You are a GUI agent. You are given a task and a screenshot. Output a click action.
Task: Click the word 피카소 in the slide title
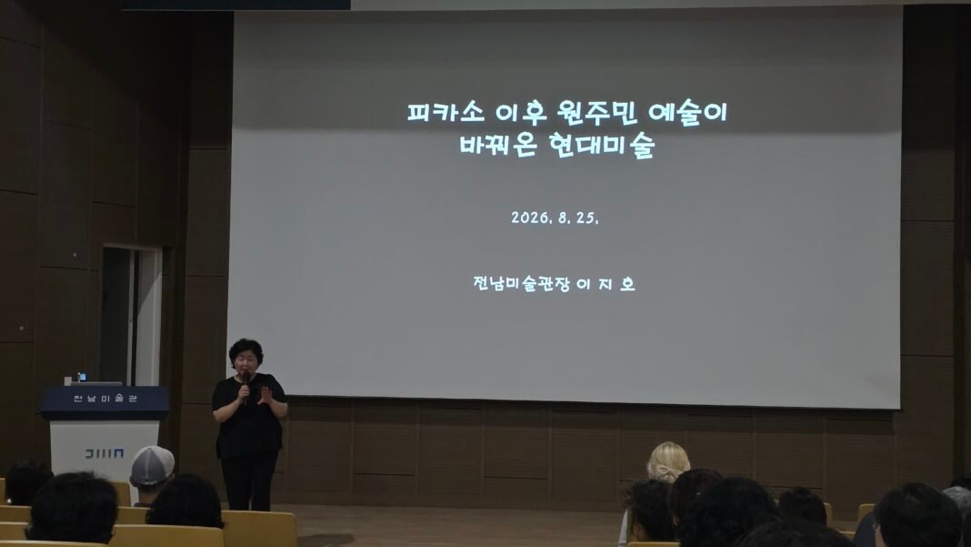pyautogui.click(x=445, y=112)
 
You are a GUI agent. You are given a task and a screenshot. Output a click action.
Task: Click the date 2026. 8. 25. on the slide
pyautogui.click(x=555, y=218)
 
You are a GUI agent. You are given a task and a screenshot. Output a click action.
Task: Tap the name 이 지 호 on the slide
pyautogui.click(x=606, y=284)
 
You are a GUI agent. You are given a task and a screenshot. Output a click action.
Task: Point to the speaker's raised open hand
pyautogui.click(x=265, y=395)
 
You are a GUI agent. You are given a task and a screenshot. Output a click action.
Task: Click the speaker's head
pyautogui.click(x=245, y=356)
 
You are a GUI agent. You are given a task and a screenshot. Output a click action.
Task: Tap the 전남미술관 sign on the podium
pyautogui.click(x=105, y=398)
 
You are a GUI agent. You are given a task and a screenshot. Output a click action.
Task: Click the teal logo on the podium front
pyautogui.click(x=104, y=453)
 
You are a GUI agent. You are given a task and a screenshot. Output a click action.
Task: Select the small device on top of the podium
pyautogui.click(x=82, y=377)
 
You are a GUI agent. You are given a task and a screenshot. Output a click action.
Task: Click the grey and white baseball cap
pyautogui.click(x=152, y=466)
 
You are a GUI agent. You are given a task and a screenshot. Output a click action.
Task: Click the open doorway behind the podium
pyautogui.click(x=131, y=317)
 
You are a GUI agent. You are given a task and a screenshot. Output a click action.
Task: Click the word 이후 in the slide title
pyautogui.click(x=521, y=112)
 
